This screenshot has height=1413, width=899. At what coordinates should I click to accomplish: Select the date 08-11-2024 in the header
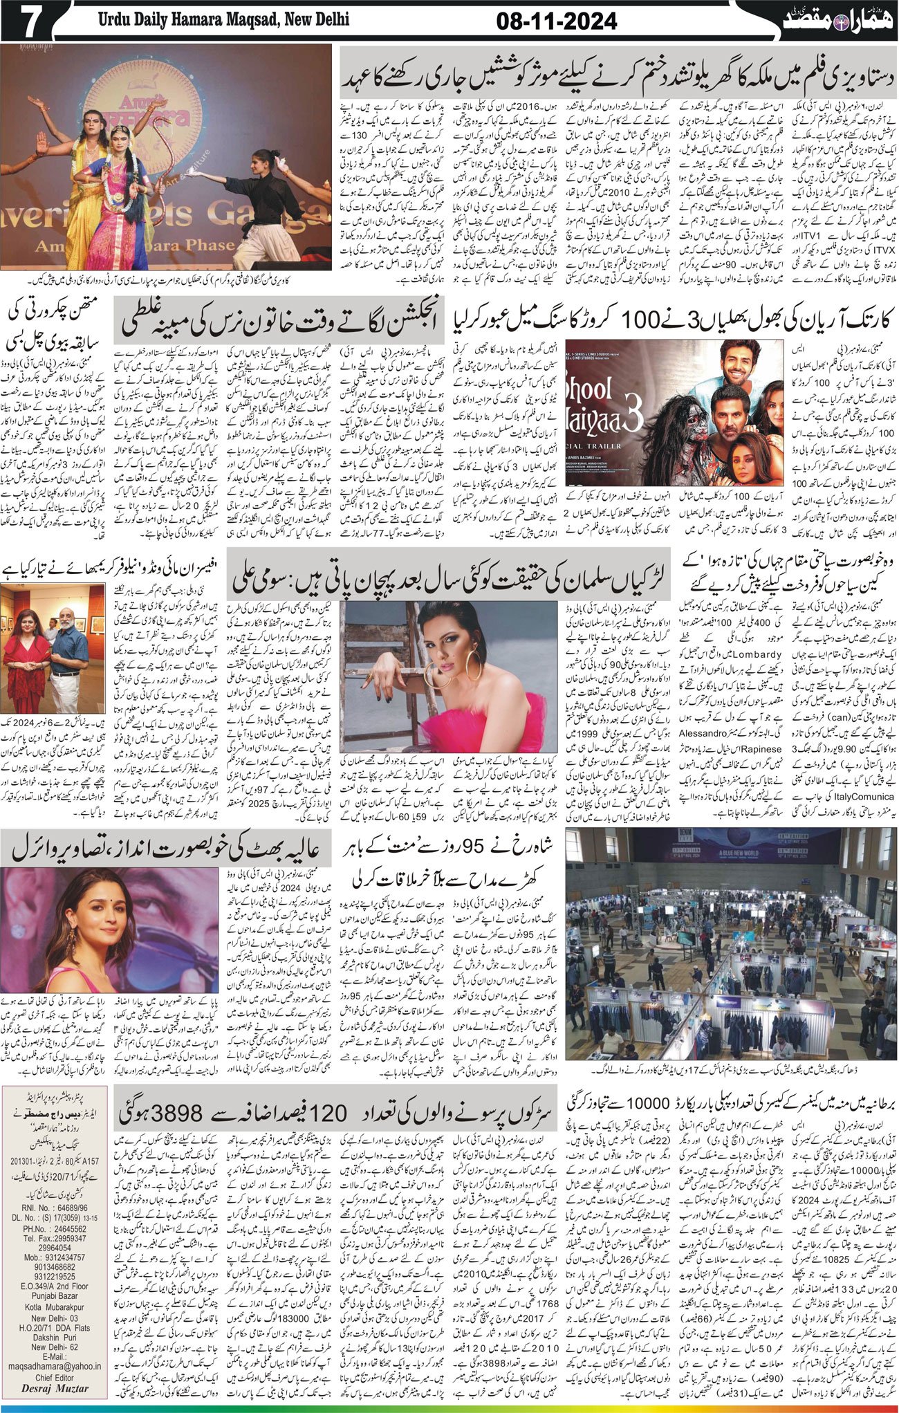[557, 21]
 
